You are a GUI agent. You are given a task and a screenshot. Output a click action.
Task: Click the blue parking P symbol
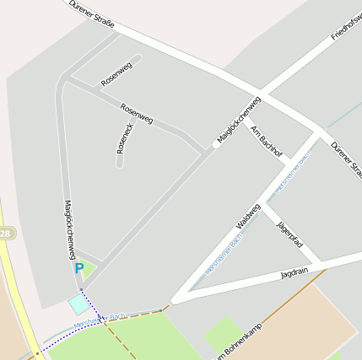tap(78, 268)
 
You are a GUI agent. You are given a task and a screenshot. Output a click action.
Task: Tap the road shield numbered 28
tap(4, 233)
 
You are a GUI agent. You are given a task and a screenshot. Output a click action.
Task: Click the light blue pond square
tap(78, 303)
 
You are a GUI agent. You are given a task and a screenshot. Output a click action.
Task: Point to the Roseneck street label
tap(124, 138)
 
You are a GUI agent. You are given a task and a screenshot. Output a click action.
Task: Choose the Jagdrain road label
tap(294, 273)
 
